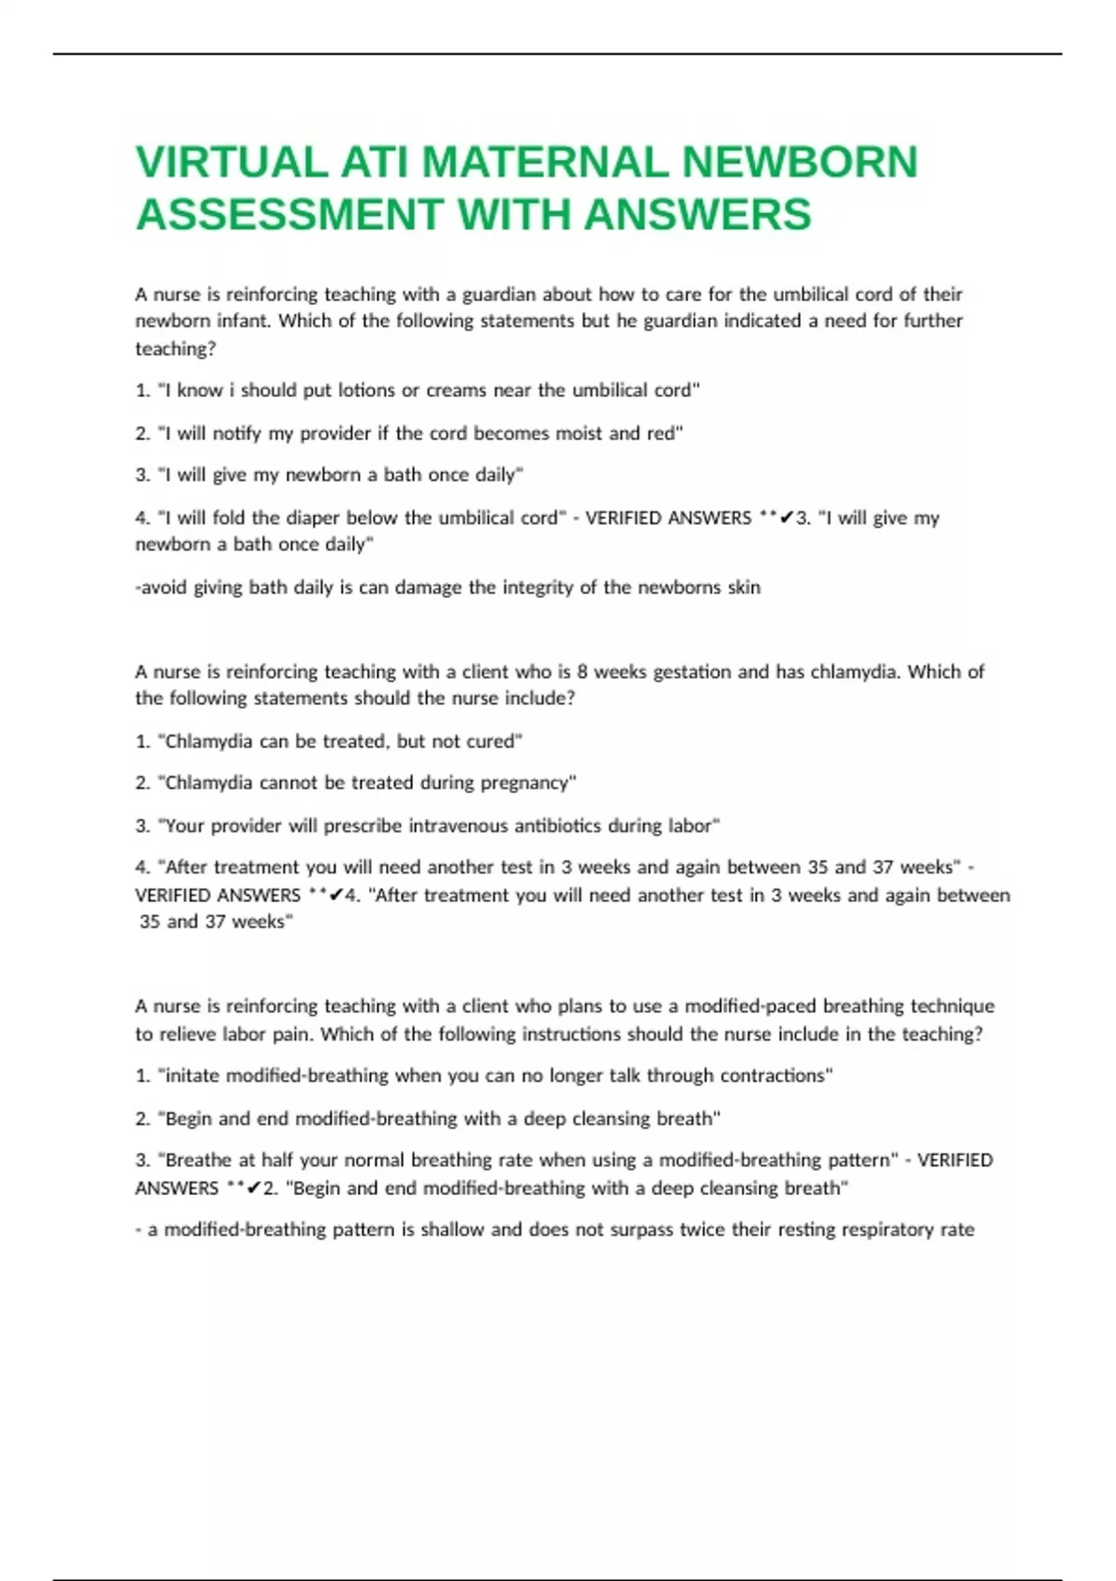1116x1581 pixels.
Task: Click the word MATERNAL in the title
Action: [x=545, y=162]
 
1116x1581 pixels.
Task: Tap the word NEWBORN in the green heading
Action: [x=800, y=162]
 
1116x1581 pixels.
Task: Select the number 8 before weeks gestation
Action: [x=582, y=671]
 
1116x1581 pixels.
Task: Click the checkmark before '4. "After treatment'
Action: [x=337, y=896]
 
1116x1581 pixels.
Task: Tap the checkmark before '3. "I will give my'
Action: [x=788, y=518]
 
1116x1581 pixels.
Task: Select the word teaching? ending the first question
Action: [x=176, y=349]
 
